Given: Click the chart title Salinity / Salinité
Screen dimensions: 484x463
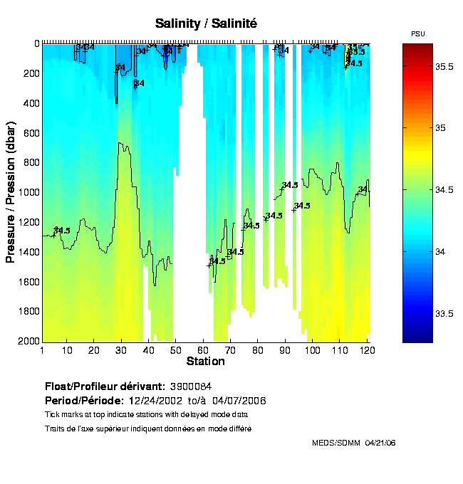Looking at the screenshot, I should pyautogui.click(x=206, y=23).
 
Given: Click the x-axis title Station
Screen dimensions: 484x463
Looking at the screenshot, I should pyautogui.click(x=206, y=362).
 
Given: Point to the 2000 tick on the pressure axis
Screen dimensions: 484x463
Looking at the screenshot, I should pyautogui.click(x=28, y=342).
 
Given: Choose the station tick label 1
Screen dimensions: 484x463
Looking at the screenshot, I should pyautogui.click(x=43, y=350).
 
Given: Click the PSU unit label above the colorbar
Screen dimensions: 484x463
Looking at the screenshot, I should pyautogui.click(x=418, y=34).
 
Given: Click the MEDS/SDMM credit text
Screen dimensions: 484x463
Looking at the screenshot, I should pyautogui.click(x=336, y=443).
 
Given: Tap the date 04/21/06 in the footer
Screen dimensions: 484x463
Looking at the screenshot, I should pyautogui.click(x=380, y=443).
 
